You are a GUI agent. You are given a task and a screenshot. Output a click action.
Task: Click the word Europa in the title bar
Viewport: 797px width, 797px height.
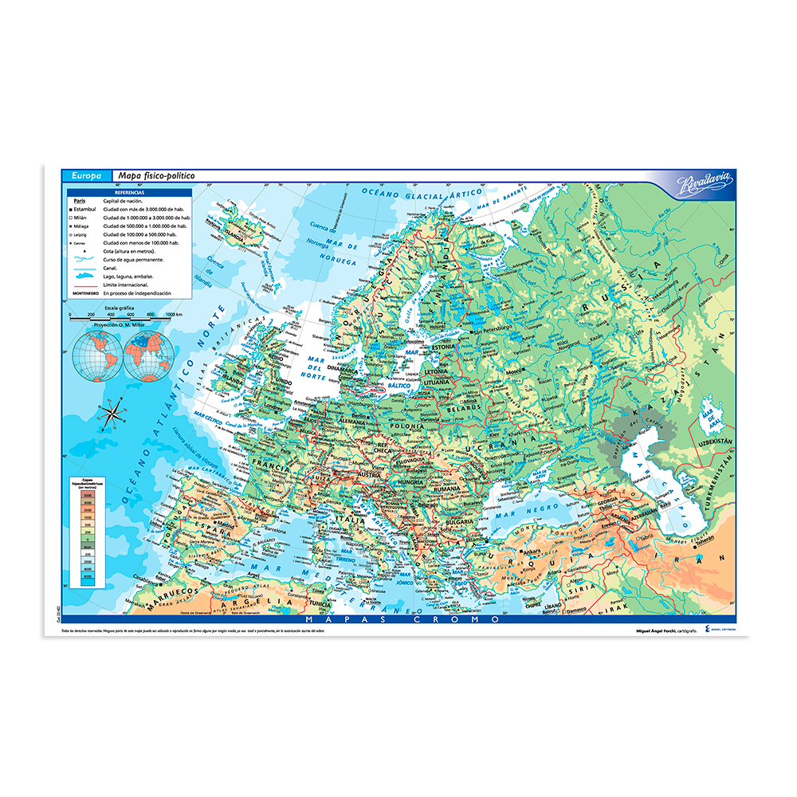point(86,175)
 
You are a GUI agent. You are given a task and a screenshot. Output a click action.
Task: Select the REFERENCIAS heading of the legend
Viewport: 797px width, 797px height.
point(129,193)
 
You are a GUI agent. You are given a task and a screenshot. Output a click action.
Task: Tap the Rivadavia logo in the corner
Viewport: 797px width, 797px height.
point(703,186)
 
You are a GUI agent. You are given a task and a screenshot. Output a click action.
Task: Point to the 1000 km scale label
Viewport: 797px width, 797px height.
point(174,316)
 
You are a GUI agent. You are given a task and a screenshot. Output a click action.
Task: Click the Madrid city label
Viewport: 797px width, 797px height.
point(228,527)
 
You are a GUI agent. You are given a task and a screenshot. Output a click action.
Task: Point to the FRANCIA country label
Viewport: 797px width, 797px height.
point(271,461)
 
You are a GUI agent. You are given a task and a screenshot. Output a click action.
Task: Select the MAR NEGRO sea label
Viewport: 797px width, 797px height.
point(521,514)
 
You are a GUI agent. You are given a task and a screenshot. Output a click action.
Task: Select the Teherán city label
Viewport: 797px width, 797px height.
point(702,559)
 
